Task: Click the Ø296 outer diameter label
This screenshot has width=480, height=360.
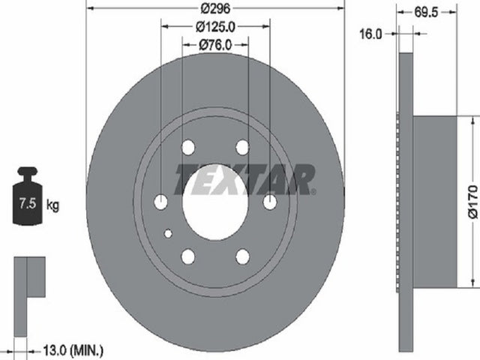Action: click(215, 8)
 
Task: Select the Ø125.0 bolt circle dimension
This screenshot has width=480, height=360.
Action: click(215, 27)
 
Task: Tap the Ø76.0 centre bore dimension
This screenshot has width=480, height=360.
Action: click(215, 45)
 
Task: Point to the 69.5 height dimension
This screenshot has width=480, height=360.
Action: click(427, 12)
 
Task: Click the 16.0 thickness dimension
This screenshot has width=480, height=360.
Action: click(370, 34)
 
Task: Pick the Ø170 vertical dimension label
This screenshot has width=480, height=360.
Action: click(473, 202)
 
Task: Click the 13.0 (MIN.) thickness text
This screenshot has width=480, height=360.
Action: click(73, 350)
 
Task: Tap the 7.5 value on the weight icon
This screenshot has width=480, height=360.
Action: click(28, 203)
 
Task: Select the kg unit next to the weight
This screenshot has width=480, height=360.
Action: click(52, 205)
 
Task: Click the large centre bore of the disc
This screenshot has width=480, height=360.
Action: click(215, 202)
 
